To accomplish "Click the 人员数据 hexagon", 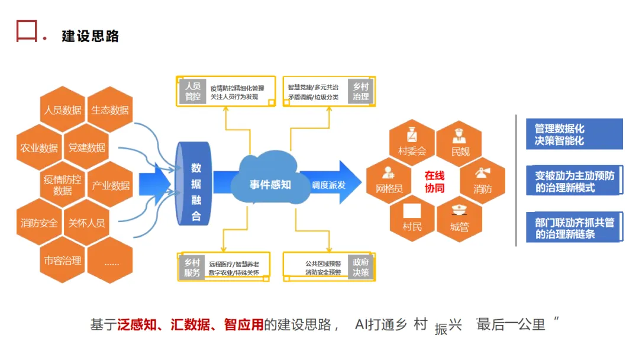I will click(62, 110).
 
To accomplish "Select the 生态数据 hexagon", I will click(109, 110).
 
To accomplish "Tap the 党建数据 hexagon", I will click(86, 148).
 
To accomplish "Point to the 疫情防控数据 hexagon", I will click(62, 185).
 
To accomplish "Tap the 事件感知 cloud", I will click(269, 184).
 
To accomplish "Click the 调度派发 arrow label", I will click(328, 185).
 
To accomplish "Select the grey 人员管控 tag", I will click(193, 91).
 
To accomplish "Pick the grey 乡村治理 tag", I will click(360, 91).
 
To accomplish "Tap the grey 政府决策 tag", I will click(360, 268).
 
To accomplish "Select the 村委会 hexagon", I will click(412, 142).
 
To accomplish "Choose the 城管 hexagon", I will click(459, 219).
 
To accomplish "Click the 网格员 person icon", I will click(388, 172).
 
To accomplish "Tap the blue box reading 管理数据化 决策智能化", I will click(574, 134).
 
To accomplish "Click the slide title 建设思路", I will click(91, 36).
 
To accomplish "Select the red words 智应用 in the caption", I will click(243, 324).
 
